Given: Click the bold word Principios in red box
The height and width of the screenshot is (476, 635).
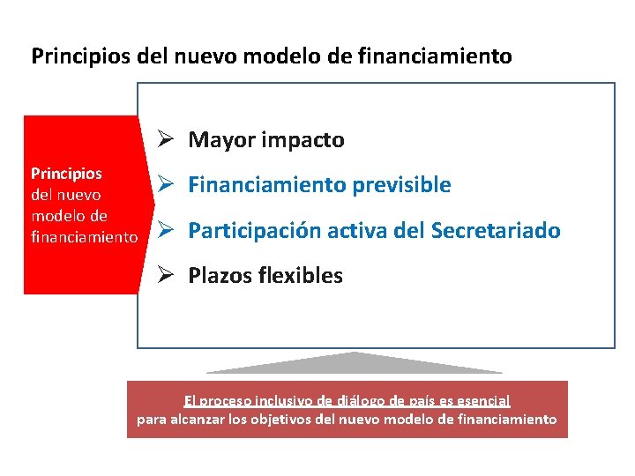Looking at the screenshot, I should point(66,174).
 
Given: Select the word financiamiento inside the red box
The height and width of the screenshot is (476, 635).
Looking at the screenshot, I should point(84,237).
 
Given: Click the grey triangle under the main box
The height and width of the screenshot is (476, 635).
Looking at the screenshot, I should point(354,362).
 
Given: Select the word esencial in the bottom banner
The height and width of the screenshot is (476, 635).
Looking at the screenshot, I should point(482,401).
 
